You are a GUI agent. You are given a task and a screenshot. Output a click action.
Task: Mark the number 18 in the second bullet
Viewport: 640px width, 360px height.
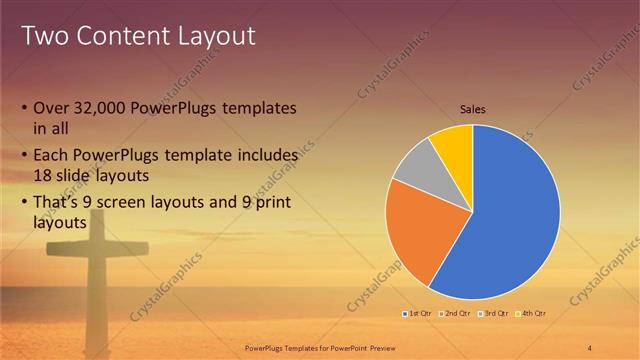pos(43,173)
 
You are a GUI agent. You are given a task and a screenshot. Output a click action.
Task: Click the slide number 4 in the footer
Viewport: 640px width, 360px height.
pos(590,346)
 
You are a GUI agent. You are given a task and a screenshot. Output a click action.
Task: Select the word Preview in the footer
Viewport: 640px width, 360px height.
pos(393,346)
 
